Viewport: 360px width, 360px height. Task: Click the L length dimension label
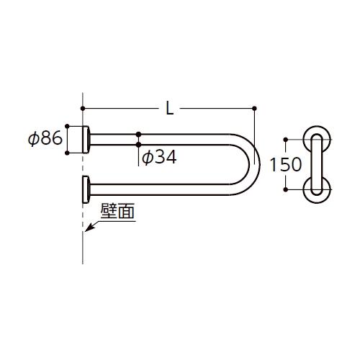[168, 109]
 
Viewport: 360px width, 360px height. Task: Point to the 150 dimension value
[286, 164]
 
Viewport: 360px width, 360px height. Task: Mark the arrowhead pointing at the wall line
[88, 229]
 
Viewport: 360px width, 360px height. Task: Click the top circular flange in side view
[317, 139]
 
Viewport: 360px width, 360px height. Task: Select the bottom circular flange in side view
[317, 189]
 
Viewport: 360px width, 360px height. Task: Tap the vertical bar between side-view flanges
[317, 164]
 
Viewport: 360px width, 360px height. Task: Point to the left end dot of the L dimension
[84, 109]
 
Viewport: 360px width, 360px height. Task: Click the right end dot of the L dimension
[255, 109]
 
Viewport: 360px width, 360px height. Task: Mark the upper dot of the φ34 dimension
[138, 134]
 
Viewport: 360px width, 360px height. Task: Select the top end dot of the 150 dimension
[286, 139]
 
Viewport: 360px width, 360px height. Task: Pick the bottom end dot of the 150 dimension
[286, 189]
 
